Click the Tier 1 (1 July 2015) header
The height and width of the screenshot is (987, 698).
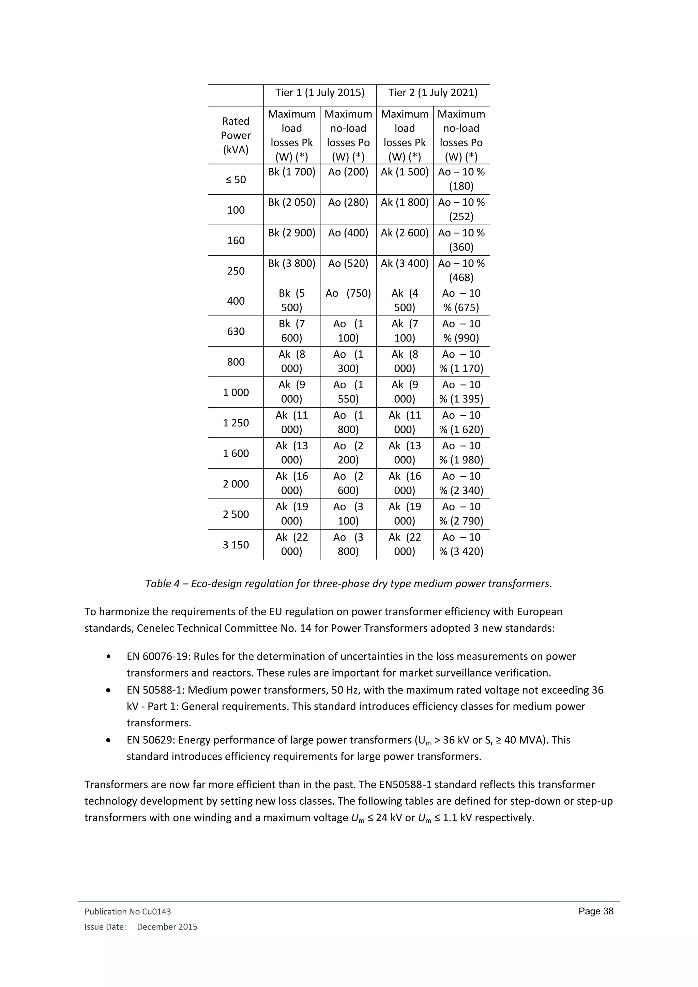point(320,93)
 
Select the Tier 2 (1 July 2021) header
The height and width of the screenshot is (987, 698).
point(433,93)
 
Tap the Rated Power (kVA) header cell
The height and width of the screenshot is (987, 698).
point(236,135)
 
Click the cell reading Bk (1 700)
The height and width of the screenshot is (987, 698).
point(291,172)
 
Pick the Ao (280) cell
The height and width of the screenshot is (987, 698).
point(348,202)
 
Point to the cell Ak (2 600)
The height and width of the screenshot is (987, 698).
point(405,233)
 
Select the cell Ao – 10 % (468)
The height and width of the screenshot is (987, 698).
point(461,270)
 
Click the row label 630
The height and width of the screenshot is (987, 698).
point(236,331)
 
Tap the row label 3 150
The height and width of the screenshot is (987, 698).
point(236,545)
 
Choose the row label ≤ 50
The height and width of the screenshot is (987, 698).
point(236,180)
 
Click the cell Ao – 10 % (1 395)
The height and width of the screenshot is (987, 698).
point(461,392)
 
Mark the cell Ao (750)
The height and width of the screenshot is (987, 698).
point(348,293)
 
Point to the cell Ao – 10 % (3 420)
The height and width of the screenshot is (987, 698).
point(461,544)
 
